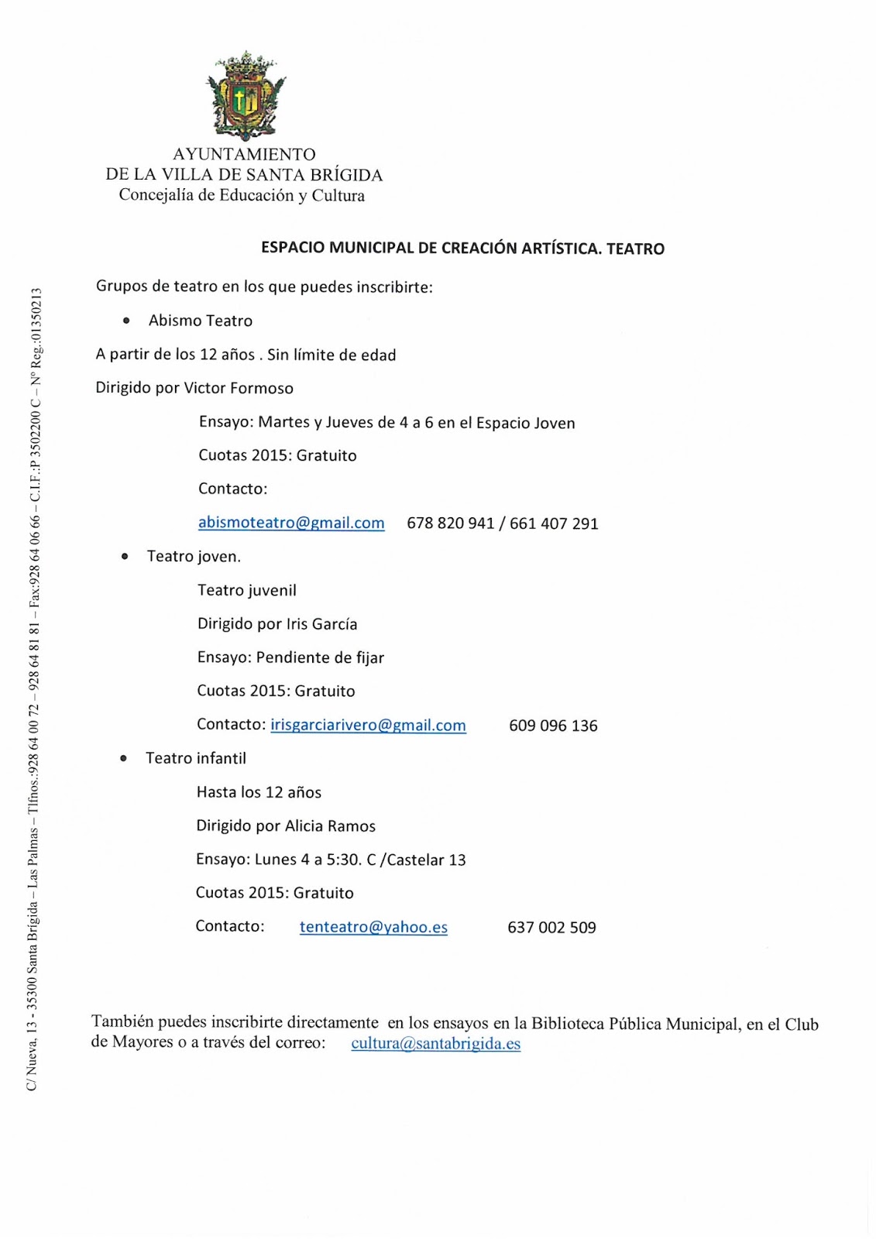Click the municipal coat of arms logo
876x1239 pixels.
245,95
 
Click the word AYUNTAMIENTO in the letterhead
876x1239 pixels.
244,154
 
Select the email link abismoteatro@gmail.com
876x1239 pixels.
291,523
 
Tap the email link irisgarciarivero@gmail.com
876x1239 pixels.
368,726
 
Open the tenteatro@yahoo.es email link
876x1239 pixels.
373,927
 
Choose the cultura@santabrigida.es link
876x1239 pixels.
435,1043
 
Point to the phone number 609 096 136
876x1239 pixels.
553,726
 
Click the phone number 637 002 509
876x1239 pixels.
551,927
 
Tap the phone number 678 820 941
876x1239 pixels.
450,523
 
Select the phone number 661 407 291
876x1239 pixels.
554,523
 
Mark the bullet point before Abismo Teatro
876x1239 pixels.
125,320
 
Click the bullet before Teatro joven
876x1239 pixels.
124,556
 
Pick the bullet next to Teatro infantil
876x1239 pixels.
123,758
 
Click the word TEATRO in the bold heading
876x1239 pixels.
635,249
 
